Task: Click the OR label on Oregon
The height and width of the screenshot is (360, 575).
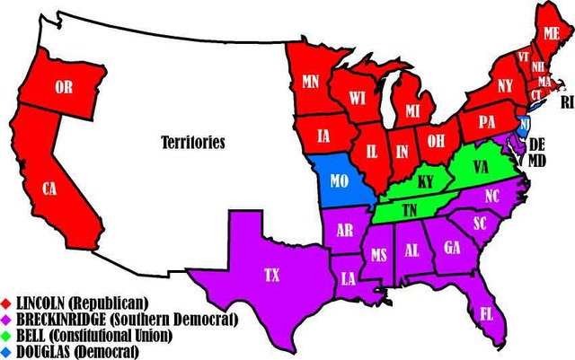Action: [63, 87]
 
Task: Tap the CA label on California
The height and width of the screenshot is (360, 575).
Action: [49, 189]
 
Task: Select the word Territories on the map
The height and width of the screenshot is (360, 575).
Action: [192, 142]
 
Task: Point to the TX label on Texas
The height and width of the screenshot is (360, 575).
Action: [271, 276]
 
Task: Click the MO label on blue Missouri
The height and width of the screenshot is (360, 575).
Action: [339, 180]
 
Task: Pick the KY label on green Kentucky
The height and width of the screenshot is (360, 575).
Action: [426, 182]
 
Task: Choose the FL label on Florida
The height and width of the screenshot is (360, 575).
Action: [485, 315]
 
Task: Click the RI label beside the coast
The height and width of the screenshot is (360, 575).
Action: [566, 102]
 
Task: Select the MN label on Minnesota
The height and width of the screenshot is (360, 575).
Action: [311, 82]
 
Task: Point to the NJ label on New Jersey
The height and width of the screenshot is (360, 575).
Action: [525, 123]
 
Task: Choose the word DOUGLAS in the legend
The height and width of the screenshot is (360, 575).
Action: [46, 352]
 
